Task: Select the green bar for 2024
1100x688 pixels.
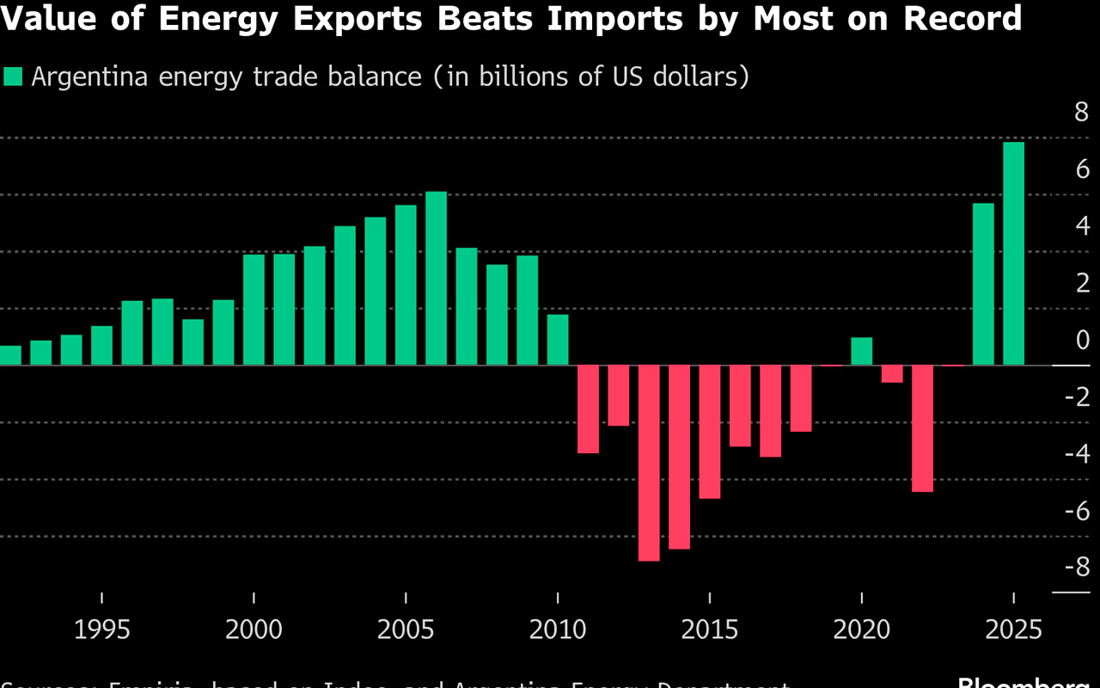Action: click(983, 284)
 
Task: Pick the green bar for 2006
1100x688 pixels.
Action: click(437, 279)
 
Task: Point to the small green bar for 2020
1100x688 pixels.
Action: click(862, 351)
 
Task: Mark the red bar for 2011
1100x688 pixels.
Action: click(588, 409)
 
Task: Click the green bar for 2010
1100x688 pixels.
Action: click(558, 340)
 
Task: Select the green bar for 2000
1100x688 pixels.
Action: click(254, 310)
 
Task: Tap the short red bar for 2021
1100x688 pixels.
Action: click(892, 374)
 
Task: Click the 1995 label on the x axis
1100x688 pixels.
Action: click(102, 630)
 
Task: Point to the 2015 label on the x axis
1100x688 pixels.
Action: click(710, 630)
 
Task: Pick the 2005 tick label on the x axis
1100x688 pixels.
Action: click(406, 630)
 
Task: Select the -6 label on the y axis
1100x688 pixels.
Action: click(1076, 510)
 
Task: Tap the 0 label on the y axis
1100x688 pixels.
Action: click(1082, 340)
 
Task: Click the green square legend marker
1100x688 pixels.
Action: click(13, 77)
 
